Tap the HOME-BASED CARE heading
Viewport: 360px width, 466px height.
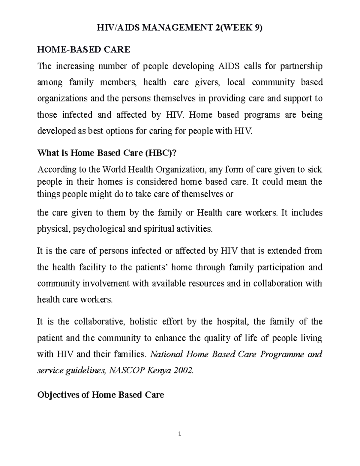(83, 50)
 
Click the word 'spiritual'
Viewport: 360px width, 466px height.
(160, 229)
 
